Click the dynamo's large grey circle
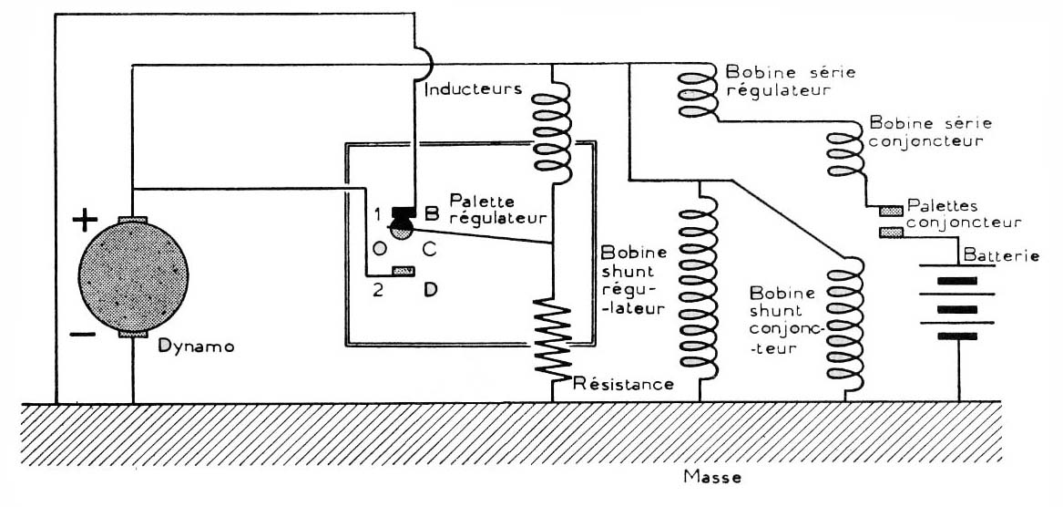pos(134,276)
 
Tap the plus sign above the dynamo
pos(85,220)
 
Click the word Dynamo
pos(196,347)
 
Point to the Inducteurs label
pos(473,89)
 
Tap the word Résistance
pos(623,384)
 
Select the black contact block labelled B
pos(404,212)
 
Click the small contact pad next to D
pos(404,272)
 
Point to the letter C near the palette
pos(428,250)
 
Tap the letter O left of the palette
pos(379,250)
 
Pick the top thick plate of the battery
pos(956,280)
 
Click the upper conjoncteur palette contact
pos(891,211)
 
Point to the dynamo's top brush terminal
pos(134,219)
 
